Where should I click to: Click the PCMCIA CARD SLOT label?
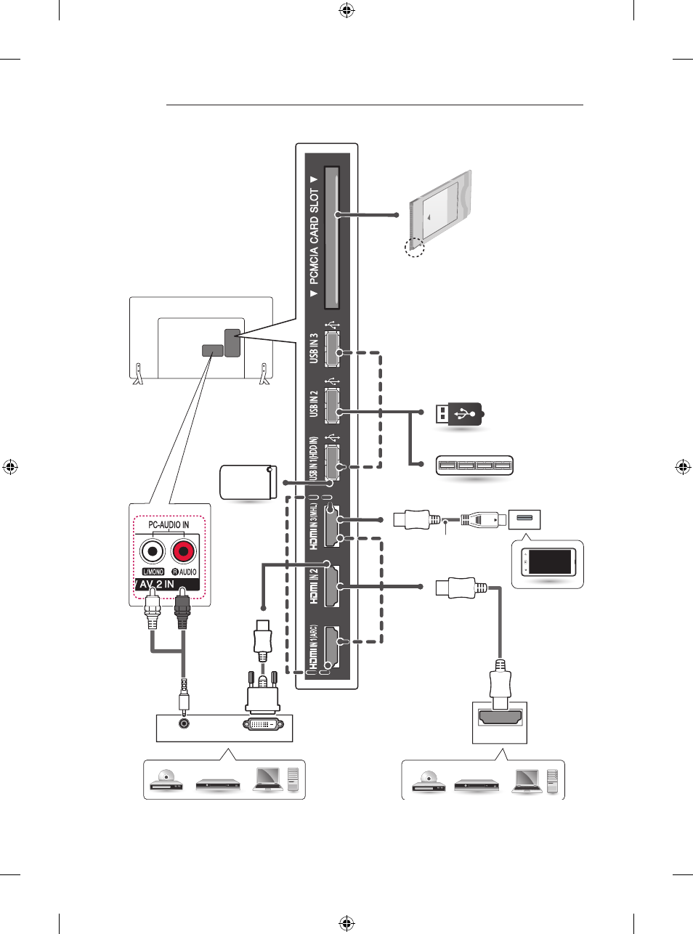[315, 236]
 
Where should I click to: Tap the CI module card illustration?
[441, 211]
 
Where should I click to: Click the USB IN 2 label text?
[313, 404]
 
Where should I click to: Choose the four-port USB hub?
[474, 466]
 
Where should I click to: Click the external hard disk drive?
[248, 482]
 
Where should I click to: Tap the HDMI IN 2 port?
[331, 586]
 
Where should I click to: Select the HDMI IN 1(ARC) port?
[331, 647]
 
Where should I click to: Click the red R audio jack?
[184, 551]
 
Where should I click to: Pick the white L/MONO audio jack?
[153, 551]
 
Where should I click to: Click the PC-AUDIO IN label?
[169, 524]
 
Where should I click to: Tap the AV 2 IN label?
[157, 585]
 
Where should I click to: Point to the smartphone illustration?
[548, 562]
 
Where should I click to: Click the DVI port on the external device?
[263, 724]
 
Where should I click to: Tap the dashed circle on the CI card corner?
[415, 247]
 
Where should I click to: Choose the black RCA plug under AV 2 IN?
[182, 608]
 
